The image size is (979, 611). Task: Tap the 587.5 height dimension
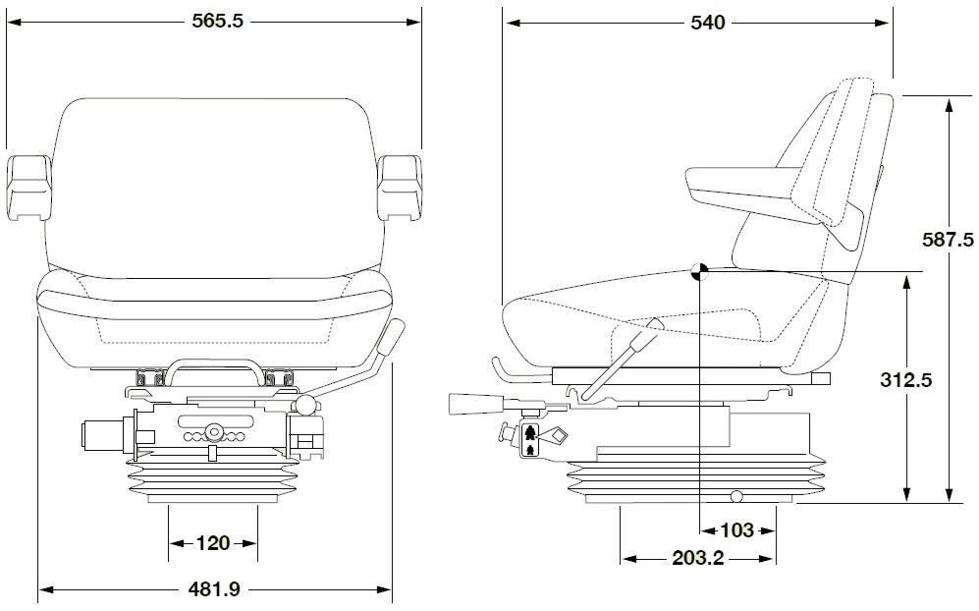[948, 239]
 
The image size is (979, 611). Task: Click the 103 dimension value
[736, 530]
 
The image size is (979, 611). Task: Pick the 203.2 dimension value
[698, 559]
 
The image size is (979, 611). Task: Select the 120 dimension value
[212, 542]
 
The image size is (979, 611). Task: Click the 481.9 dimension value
[214, 589]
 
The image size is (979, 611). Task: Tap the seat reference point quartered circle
[698, 272]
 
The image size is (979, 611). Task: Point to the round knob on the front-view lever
[307, 404]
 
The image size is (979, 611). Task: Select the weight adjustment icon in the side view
[530, 439]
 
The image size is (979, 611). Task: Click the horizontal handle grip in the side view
[474, 403]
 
